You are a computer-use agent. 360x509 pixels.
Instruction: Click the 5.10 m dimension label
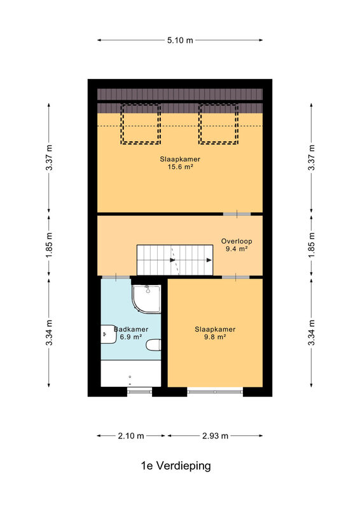click(x=180, y=40)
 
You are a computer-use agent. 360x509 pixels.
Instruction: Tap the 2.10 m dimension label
click(x=131, y=436)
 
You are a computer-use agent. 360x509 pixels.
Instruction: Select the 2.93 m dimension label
click(x=215, y=436)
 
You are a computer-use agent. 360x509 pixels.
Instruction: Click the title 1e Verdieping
click(x=176, y=466)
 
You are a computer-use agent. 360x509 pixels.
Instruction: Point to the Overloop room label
click(x=237, y=241)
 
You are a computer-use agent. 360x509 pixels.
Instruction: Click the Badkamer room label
click(x=131, y=329)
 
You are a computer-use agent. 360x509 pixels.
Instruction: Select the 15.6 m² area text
click(x=180, y=167)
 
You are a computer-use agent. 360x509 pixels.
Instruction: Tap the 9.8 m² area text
click(x=215, y=337)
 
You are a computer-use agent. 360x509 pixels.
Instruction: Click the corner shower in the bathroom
click(x=146, y=299)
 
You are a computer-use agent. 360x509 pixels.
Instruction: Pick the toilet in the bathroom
click(x=153, y=345)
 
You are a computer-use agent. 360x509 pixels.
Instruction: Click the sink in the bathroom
click(x=108, y=334)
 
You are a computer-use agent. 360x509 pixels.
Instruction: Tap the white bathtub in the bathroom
click(x=131, y=373)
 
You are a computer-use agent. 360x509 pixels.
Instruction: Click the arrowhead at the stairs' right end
click(x=209, y=260)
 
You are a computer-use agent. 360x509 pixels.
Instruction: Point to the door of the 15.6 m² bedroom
click(x=237, y=214)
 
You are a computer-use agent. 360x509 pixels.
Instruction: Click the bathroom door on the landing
click(x=116, y=277)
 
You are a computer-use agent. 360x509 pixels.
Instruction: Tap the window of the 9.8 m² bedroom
click(x=215, y=392)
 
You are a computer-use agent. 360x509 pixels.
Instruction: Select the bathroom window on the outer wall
click(x=139, y=392)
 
